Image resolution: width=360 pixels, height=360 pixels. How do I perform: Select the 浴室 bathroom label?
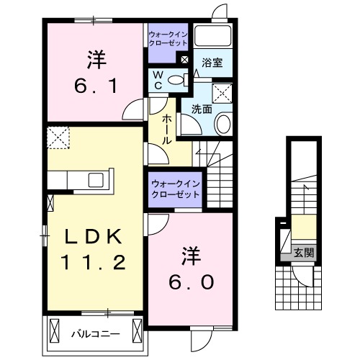[x=212, y=63]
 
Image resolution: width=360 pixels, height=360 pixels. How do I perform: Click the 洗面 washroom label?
[x=201, y=109]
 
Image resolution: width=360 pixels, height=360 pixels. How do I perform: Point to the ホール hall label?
[x=166, y=130]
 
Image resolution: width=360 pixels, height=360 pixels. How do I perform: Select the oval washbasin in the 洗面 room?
[x=222, y=125]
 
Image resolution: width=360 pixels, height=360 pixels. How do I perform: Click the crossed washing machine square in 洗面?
[x=222, y=92]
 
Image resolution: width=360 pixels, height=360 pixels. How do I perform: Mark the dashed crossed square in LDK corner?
[x=57, y=136]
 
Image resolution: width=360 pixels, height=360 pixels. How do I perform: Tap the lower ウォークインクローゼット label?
[x=176, y=189]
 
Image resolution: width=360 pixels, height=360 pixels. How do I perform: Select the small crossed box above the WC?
[x=184, y=60]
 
